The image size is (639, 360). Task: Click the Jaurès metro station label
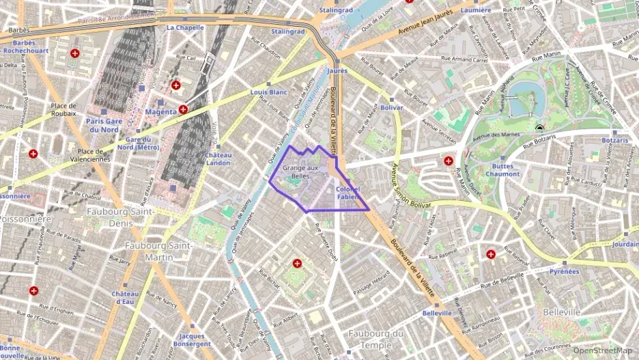click(x=337, y=70)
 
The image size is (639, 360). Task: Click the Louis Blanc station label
click(x=268, y=92)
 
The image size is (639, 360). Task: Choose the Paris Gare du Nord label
click(x=102, y=125)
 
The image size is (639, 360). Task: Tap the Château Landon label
click(x=218, y=158)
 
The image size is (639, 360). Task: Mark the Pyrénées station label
click(x=565, y=271)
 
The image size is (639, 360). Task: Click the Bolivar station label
click(x=392, y=108)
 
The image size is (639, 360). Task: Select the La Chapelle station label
click(x=185, y=28)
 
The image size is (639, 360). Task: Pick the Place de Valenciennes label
click(x=94, y=155)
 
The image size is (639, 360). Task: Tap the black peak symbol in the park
click(x=540, y=128)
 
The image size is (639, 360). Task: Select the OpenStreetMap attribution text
click(x=602, y=350)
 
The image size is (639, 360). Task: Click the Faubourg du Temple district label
click(x=375, y=339)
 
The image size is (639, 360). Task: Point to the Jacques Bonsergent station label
click(x=192, y=340)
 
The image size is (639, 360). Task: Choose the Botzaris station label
click(x=614, y=140)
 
